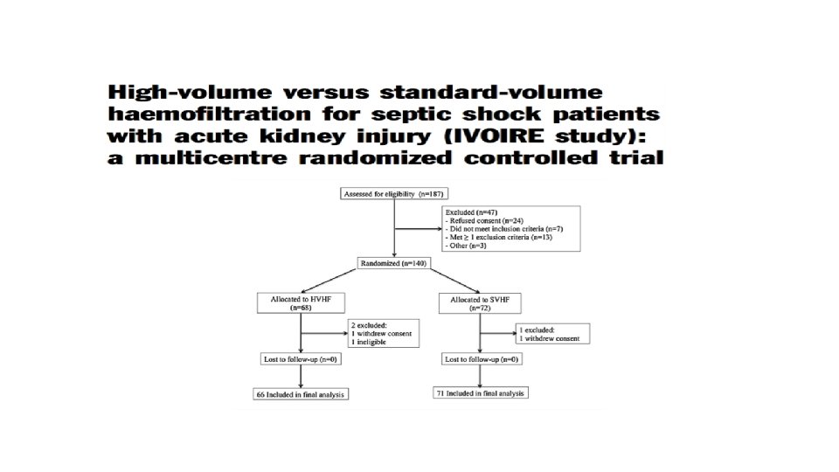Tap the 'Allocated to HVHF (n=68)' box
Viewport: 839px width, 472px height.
[x=300, y=303]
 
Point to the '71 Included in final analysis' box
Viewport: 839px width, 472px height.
[x=480, y=394]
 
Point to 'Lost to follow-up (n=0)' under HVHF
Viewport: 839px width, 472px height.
[x=300, y=359]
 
